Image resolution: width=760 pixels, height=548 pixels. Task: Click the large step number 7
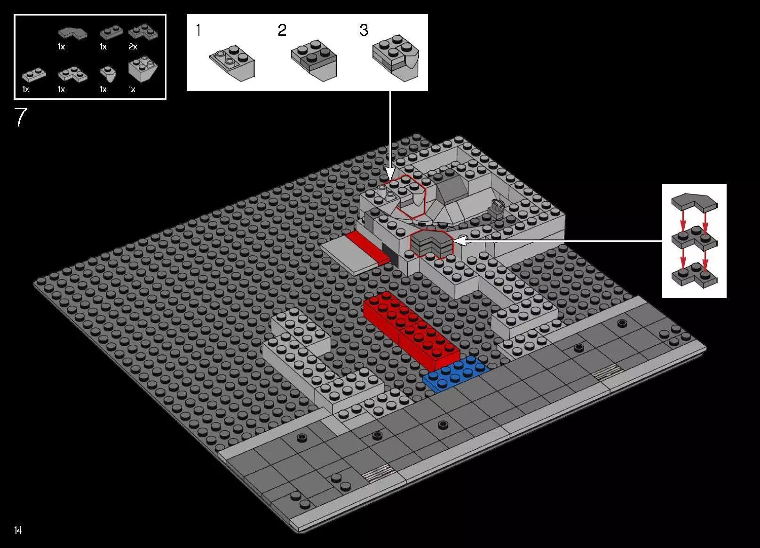(21, 117)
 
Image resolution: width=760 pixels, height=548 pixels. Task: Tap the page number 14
(18, 530)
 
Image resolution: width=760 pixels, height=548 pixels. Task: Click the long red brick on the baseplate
(411, 330)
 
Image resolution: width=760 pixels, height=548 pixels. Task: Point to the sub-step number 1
(198, 31)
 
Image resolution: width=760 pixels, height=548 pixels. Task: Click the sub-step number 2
(282, 31)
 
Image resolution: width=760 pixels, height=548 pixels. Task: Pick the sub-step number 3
(364, 31)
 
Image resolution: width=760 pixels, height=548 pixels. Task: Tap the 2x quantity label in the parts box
(133, 47)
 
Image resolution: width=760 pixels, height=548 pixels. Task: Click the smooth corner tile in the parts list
(72, 33)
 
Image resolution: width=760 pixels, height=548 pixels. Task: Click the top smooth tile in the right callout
(694, 201)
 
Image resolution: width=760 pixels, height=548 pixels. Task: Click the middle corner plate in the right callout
(694, 239)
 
